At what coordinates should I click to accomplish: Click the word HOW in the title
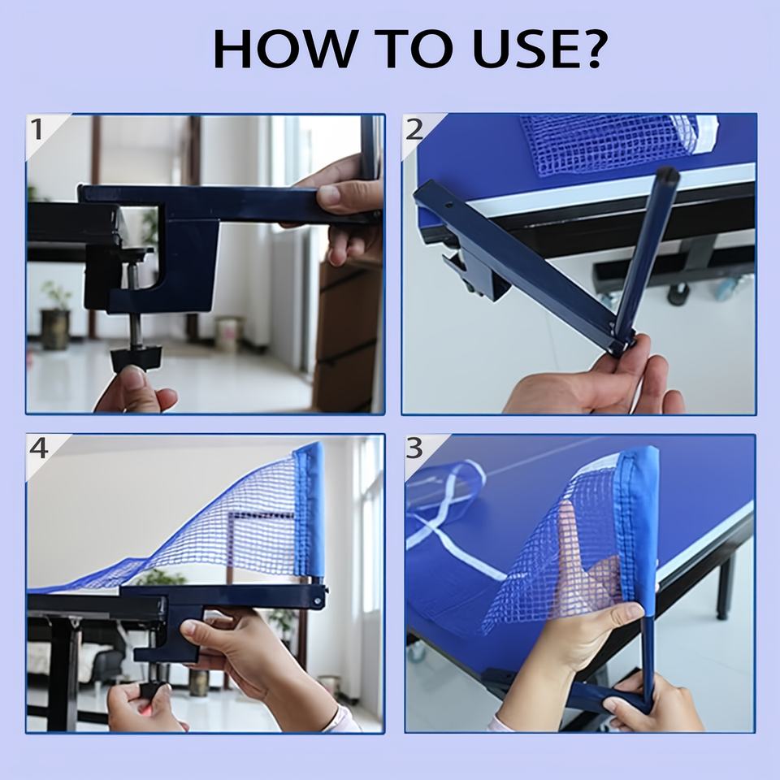(284, 49)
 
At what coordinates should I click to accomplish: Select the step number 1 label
(37, 129)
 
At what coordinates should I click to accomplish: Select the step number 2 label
(414, 129)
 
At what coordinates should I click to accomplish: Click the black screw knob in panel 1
(136, 357)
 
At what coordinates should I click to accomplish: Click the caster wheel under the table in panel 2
(678, 293)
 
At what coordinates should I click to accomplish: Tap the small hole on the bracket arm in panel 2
(448, 205)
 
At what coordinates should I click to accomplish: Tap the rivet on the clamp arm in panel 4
(317, 601)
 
